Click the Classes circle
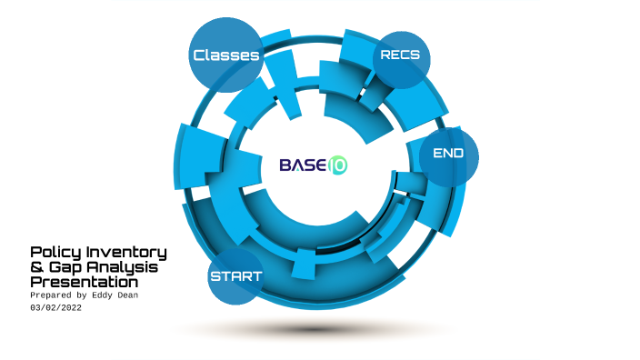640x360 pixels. pyautogui.click(x=226, y=55)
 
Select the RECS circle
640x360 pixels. pyautogui.click(x=400, y=56)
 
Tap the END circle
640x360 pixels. pyautogui.click(x=449, y=155)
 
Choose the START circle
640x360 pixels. pyautogui.click(x=235, y=275)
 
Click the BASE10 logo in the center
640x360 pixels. pyautogui.click(x=313, y=165)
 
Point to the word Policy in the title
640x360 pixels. pyautogui.click(x=53, y=252)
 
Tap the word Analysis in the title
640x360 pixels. pyautogui.click(x=123, y=267)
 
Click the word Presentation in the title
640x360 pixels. pyautogui.click(x=84, y=282)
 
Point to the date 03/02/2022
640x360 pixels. pyautogui.click(x=61, y=309)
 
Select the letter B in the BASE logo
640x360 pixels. pyautogui.click(x=285, y=165)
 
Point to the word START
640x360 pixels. pyautogui.click(x=235, y=276)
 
